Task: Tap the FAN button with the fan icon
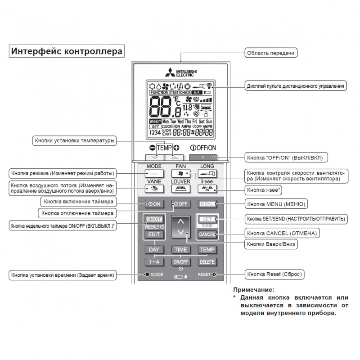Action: point(181,173)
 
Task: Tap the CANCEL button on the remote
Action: point(207,234)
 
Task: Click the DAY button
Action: point(154,250)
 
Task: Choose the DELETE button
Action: point(207,262)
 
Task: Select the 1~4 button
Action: point(154,262)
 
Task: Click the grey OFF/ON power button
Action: point(203,157)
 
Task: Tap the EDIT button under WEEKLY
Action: point(154,234)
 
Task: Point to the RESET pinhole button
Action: point(215,274)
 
